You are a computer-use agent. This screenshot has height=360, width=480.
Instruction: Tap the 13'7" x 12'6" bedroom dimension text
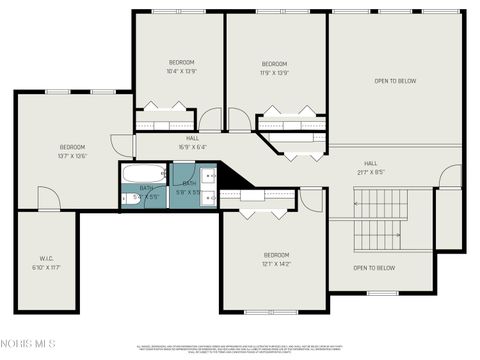click(72, 155)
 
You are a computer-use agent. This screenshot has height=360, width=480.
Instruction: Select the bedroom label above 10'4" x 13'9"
click(180, 62)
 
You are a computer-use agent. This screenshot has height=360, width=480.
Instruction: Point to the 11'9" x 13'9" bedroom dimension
click(275, 73)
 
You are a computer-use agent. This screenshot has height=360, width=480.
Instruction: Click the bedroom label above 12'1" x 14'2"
click(276, 254)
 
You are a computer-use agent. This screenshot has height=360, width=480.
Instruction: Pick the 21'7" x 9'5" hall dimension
click(370, 172)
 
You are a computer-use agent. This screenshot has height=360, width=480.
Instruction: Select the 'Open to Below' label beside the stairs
click(375, 268)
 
